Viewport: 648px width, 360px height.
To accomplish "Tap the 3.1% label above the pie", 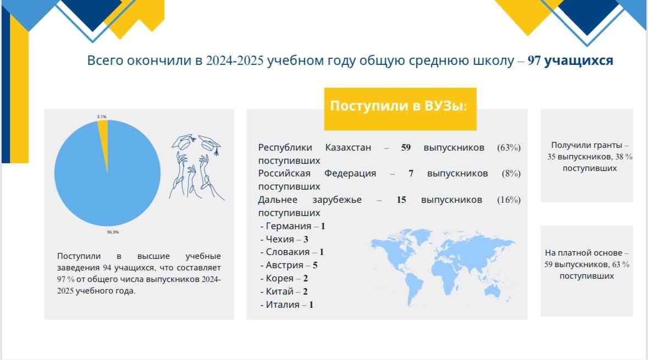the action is (x=102, y=117).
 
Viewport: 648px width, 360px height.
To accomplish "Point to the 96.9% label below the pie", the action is (x=113, y=232).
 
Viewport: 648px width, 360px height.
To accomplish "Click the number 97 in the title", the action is (x=534, y=60).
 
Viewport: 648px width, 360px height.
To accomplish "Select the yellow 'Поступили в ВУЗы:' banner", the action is (x=400, y=109).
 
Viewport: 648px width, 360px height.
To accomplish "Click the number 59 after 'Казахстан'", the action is (x=406, y=147).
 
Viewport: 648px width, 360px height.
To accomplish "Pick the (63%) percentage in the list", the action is (x=509, y=147).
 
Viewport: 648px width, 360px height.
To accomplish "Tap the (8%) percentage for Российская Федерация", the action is (x=511, y=174).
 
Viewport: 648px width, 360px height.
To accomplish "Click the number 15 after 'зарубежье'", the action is (x=401, y=200).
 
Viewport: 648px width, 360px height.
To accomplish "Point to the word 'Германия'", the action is (x=289, y=226).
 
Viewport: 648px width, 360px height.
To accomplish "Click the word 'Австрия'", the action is (x=284, y=265).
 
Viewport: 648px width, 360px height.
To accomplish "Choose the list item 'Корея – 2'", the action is (x=284, y=279).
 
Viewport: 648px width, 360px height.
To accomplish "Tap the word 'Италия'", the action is (x=283, y=304).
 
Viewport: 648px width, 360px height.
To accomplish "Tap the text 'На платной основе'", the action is (x=583, y=252).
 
